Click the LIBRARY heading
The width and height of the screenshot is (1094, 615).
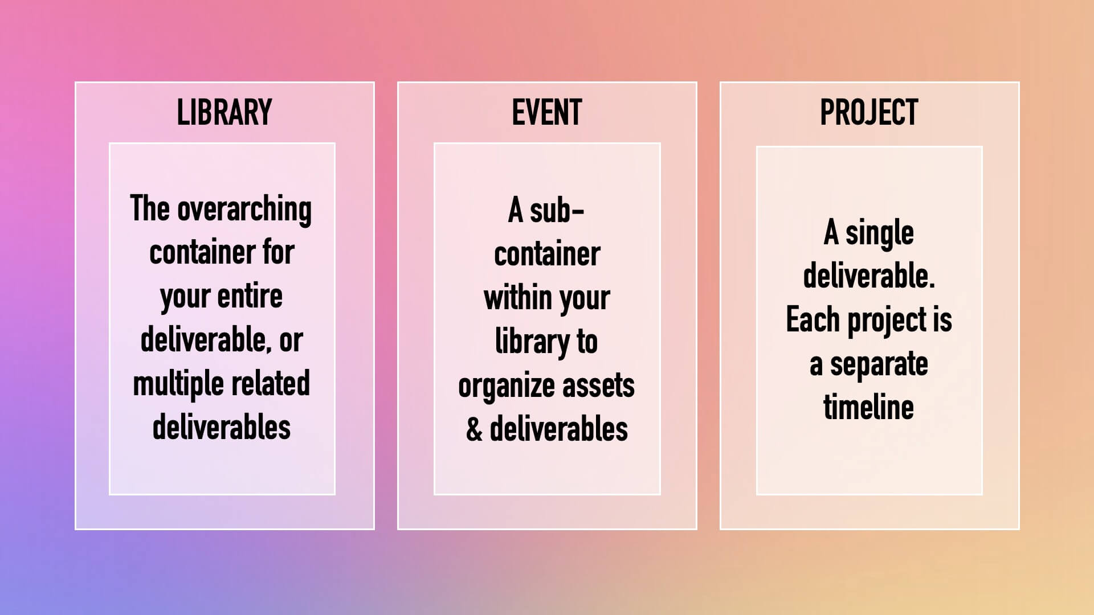click(x=224, y=112)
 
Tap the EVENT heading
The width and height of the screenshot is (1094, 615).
click(x=547, y=112)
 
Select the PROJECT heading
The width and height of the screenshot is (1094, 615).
click(x=869, y=112)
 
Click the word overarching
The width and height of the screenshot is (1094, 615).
click(x=244, y=210)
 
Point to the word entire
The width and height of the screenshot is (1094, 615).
click(x=250, y=296)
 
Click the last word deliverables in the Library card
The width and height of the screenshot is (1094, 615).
click(x=222, y=427)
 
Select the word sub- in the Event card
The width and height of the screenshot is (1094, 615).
click(x=557, y=211)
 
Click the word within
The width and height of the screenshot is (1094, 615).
click(x=517, y=298)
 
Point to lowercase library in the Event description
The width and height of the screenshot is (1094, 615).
click(x=532, y=342)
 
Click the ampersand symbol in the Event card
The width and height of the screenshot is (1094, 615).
click(x=474, y=429)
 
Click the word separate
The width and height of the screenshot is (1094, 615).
click(x=879, y=364)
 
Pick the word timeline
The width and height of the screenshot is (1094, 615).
click(x=868, y=407)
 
